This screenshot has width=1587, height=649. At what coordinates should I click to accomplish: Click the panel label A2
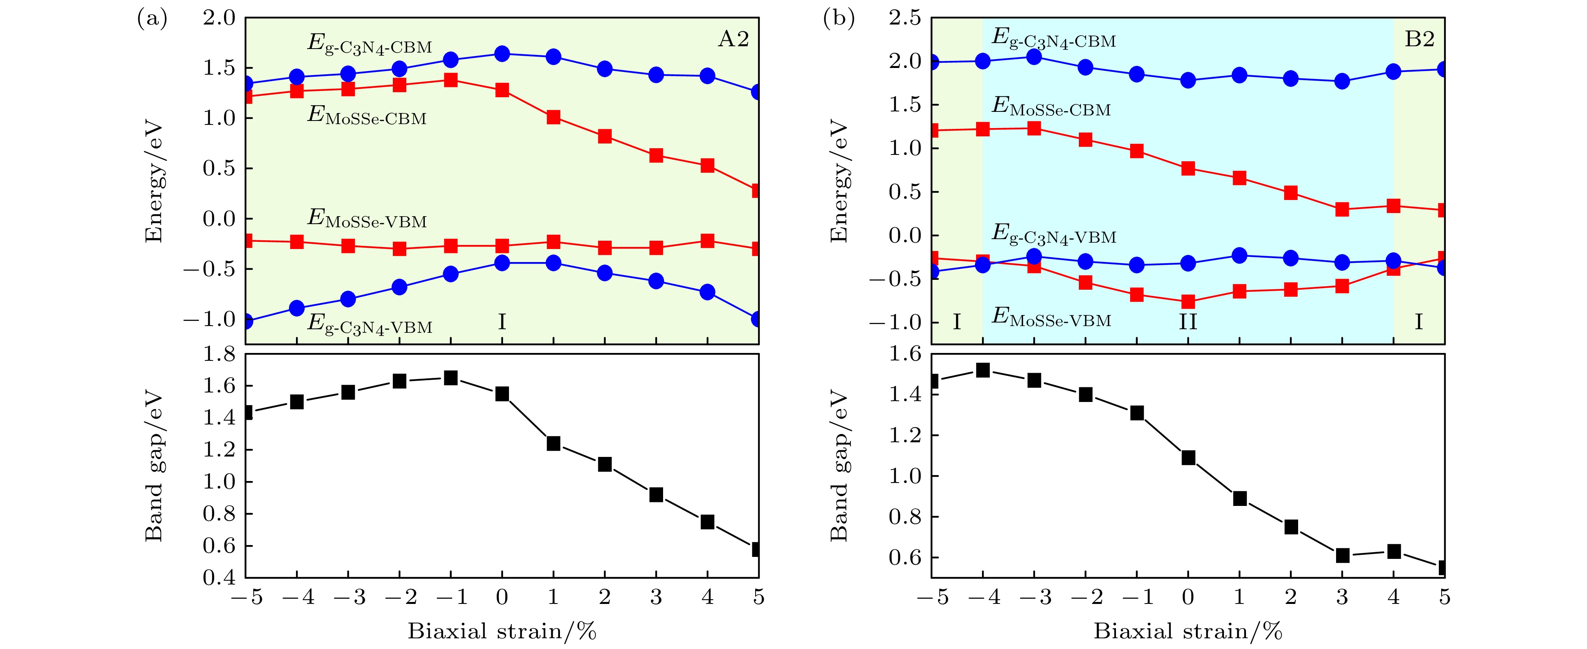coord(733,40)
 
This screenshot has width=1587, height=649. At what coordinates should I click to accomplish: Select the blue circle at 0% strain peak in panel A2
coord(502,54)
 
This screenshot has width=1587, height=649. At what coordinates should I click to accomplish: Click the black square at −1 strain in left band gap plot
coord(451,378)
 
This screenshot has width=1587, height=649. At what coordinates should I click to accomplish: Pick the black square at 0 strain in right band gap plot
coord(1188,457)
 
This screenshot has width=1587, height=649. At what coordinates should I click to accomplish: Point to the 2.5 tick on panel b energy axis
coord(905,19)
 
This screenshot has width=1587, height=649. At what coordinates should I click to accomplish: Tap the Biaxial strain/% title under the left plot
coord(502,631)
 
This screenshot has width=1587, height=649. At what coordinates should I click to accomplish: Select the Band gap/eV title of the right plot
coord(839,466)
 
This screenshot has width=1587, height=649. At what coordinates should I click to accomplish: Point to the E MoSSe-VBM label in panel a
coord(367,219)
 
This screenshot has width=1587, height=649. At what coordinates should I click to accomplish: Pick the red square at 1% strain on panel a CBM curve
coord(553,117)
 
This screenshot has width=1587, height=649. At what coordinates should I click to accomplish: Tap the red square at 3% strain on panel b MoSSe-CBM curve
coord(1342,209)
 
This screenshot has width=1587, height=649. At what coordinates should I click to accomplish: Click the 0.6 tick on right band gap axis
coord(905,557)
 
